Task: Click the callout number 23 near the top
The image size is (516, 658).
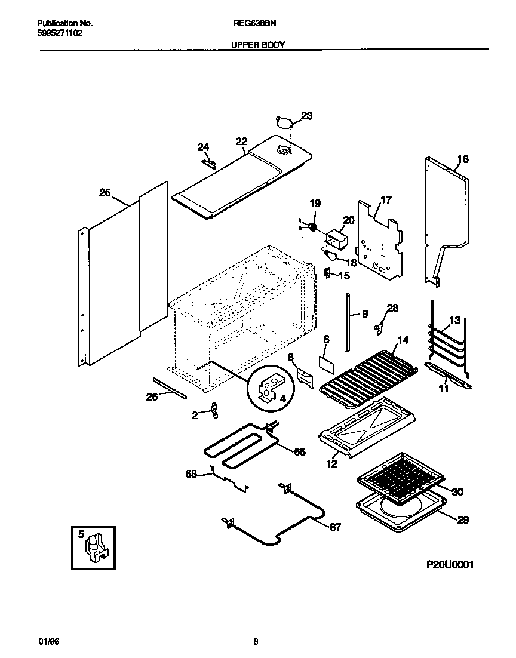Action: pyautogui.click(x=306, y=116)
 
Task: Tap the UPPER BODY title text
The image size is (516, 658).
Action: pyautogui.click(x=258, y=45)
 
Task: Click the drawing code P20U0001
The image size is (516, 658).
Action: pyautogui.click(x=450, y=564)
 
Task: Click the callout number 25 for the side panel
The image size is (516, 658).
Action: pyautogui.click(x=105, y=192)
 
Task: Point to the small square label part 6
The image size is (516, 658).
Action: pyautogui.click(x=326, y=362)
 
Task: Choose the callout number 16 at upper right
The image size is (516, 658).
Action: pyautogui.click(x=463, y=159)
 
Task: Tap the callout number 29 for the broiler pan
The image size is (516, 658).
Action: pyautogui.click(x=463, y=520)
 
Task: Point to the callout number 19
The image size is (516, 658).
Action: pyautogui.click(x=315, y=204)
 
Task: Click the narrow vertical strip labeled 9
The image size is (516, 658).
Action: pyautogui.click(x=347, y=323)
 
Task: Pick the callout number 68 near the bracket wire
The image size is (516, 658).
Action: pyautogui.click(x=191, y=474)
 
